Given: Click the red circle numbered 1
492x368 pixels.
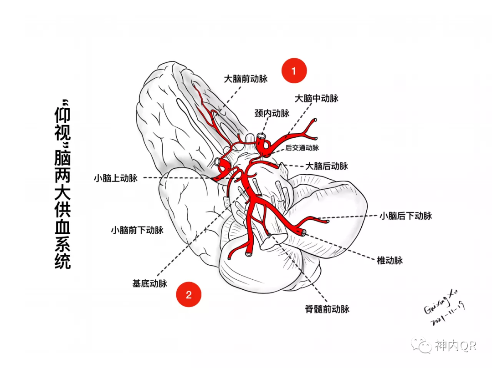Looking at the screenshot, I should pos(294,71).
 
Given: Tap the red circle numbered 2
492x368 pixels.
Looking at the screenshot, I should pos(189,294).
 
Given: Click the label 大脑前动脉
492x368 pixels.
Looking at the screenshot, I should pos(246,79).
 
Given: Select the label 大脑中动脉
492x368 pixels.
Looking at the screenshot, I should pos(317,98).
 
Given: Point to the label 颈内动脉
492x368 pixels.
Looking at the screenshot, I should pos(272,113).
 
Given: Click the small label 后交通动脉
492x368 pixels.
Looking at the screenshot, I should pos(302,147).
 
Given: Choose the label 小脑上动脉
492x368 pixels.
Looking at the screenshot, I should pos(116,178).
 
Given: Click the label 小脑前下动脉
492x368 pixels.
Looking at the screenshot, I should pos(137,230).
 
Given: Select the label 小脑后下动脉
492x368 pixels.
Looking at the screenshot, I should pos(405,216).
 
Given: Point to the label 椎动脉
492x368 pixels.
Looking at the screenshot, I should pos(390,260).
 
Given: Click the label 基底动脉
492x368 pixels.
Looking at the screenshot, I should pos(150,283).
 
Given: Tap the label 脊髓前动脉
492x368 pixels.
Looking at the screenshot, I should pos(327,309).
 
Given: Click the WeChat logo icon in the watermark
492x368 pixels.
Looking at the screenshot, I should pos(422,345).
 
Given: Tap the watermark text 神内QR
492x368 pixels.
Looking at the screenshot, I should pos(455,346).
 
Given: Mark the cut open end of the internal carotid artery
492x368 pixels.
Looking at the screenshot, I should pos(261,136).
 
